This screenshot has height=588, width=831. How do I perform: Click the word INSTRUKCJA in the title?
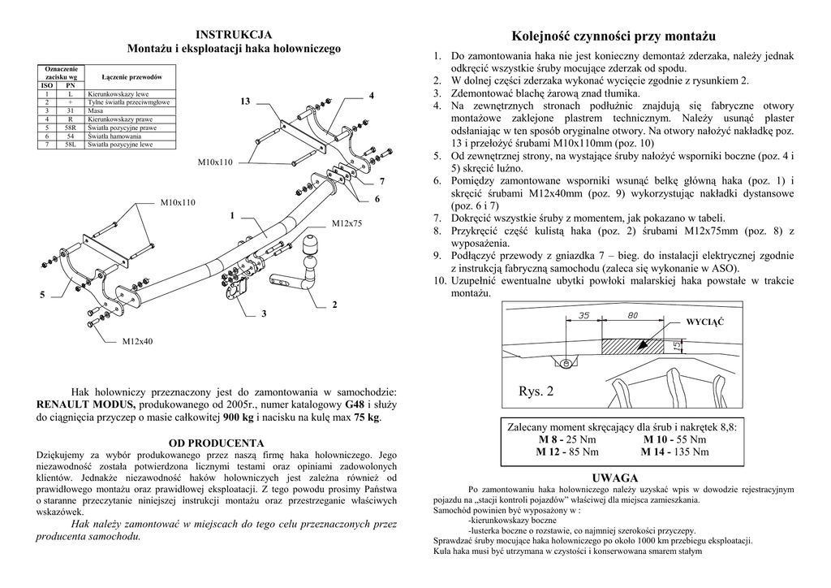click(x=234, y=34)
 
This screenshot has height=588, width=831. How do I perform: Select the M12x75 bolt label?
click(x=347, y=223)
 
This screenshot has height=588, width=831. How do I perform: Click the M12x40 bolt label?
click(x=137, y=341)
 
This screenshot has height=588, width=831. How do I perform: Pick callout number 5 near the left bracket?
click(x=42, y=295)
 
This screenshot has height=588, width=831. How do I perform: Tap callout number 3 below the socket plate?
click(x=264, y=314)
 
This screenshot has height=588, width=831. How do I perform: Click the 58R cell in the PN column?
click(x=71, y=128)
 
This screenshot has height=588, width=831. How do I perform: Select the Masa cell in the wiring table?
click(x=95, y=111)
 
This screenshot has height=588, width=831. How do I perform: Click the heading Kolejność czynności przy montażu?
click(x=614, y=37)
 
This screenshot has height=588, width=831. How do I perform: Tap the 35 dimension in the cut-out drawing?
click(x=584, y=316)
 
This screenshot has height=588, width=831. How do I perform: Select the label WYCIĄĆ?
click(x=704, y=322)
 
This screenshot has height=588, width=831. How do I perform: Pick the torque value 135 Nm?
click(x=689, y=452)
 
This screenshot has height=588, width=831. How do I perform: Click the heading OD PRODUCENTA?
click(x=216, y=443)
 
